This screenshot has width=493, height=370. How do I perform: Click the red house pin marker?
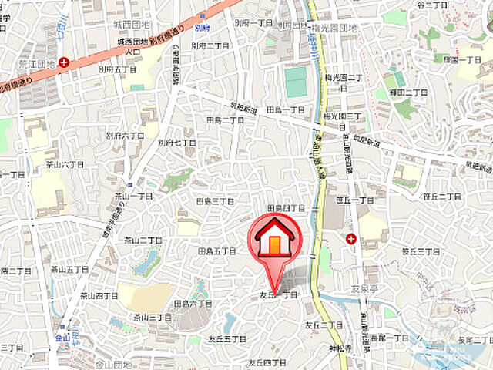pos(275,241)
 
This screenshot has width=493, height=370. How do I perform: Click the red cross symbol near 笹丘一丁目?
pos(351,239)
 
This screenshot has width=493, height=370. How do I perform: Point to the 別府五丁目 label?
pos(116,69)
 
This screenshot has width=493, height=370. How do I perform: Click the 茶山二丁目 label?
pos(143,240)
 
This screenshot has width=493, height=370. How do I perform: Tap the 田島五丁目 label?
pos(216,251)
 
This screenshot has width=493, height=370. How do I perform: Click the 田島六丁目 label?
pos(193,304)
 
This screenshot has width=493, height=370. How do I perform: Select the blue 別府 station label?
pos(203,25)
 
